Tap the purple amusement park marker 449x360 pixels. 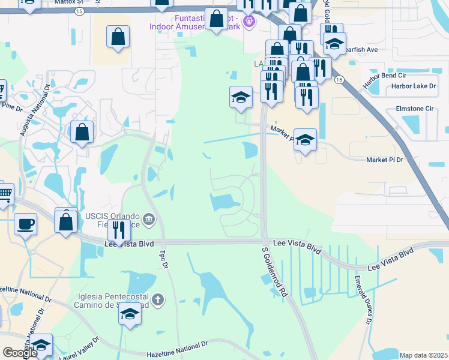[250, 23]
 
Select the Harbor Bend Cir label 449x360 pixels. [385, 76]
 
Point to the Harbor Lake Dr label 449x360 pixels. [413, 86]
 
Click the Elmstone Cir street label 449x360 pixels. [414, 109]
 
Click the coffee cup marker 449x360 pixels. [25, 224]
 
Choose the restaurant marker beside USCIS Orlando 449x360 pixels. [119, 229]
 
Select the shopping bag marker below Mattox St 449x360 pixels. [118, 37]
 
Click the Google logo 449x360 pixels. [20, 353]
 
